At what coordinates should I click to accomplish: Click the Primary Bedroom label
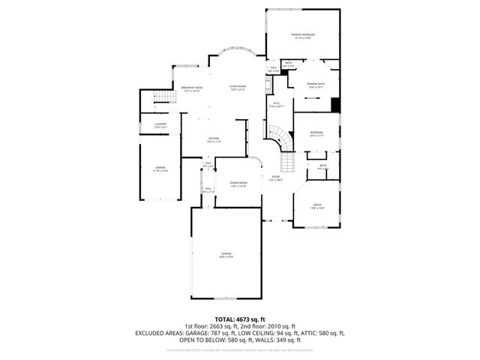pyautogui.click(x=303, y=35)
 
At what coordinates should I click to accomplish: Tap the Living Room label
pyautogui.click(x=238, y=88)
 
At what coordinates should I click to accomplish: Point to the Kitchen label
pyautogui.click(x=213, y=139)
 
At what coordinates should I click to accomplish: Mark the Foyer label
pyautogui.click(x=274, y=178)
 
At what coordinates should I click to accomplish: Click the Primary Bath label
pyautogui.click(x=316, y=84)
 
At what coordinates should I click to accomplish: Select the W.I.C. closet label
pyautogui.click(x=277, y=104)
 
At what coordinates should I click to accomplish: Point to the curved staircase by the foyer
pyautogui.click(x=279, y=136)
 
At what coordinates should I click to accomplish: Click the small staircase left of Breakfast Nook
pyautogui.click(x=158, y=98)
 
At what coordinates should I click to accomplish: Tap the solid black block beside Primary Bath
pyautogui.click(x=336, y=106)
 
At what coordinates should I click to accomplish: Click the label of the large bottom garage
pyautogui.click(x=226, y=254)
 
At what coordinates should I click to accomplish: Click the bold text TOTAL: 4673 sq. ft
pyautogui.click(x=240, y=319)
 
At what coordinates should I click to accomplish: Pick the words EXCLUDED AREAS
pyautogui.click(x=160, y=332)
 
